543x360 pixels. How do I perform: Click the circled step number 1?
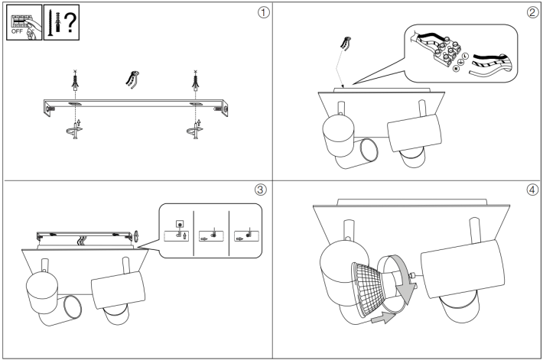pyautogui.click(x=263, y=13)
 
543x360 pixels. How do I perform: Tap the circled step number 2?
pyautogui.click(x=532, y=13)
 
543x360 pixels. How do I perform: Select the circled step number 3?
pyautogui.click(x=261, y=190)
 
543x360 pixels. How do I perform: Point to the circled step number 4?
pyautogui.click(x=532, y=190)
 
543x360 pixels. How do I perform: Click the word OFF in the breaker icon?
pyautogui.click(x=17, y=31)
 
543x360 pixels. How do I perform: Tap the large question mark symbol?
pyautogui.click(x=70, y=23)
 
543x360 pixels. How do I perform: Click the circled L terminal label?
pyautogui.click(x=465, y=56)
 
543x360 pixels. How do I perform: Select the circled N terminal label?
pyautogui.click(x=456, y=69)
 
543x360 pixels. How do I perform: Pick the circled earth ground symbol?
pyautogui.click(x=460, y=63)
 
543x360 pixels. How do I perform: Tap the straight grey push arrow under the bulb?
pyautogui.click(x=383, y=317)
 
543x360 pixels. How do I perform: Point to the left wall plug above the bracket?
pyautogui.click(x=75, y=80)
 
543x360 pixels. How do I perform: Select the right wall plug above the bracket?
pyautogui.click(x=196, y=80)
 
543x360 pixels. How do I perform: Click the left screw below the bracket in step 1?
pyautogui.click(x=75, y=130)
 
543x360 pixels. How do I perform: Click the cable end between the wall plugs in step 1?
pyautogui.click(x=132, y=80)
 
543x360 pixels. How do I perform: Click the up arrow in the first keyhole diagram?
pyautogui.click(x=184, y=236)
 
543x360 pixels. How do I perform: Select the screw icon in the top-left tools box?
pyautogui.click(x=50, y=23)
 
